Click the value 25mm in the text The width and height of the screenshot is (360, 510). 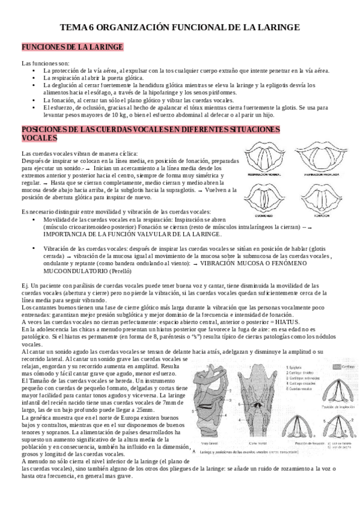(156, 409)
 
